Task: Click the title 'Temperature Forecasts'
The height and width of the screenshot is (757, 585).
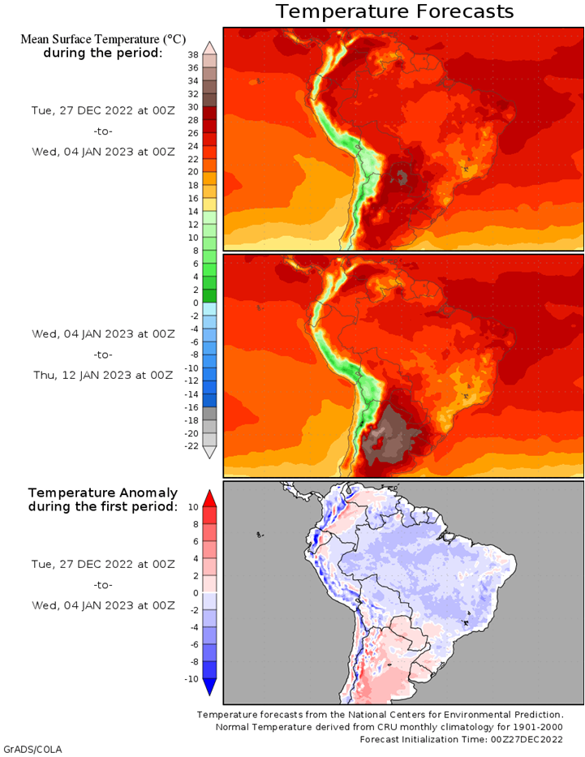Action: click(x=394, y=11)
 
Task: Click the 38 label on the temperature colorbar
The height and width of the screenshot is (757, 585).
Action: click(x=193, y=55)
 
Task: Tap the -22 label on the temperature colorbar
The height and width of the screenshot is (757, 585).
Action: click(x=191, y=445)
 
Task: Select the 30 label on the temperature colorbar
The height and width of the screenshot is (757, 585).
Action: click(x=193, y=107)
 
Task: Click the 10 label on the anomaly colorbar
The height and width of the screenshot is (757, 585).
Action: click(x=193, y=507)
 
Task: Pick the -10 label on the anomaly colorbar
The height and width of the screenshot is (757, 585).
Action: click(x=191, y=678)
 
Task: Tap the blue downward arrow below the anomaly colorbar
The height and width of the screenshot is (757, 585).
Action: click(x=209, y=687)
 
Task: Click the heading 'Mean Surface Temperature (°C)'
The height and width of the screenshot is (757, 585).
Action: click(x=102, y=38)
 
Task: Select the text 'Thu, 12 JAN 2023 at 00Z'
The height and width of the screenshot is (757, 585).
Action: click(x=102, y=375)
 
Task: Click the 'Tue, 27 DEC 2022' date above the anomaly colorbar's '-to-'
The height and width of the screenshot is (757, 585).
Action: click(x=102, y=564)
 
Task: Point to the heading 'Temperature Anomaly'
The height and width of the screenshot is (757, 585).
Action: click(x=102, y=492)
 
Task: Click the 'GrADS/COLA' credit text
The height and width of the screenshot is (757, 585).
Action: click(x=32, y=748)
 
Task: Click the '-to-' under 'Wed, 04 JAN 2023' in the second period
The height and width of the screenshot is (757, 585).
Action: click(x=102, y=355)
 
